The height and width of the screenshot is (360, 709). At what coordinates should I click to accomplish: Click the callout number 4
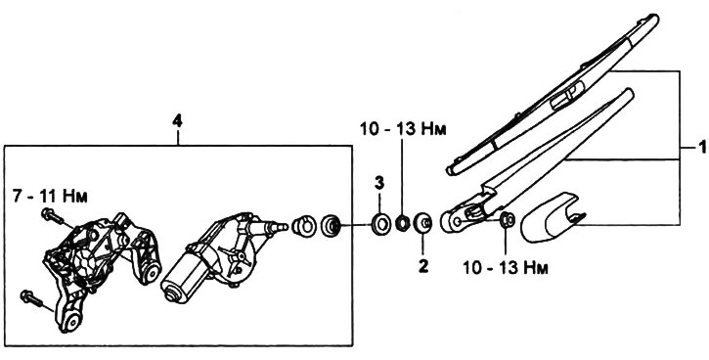(177, 121)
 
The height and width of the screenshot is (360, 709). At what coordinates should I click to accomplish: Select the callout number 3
(378, 183)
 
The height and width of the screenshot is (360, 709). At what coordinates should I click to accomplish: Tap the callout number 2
(422, 266)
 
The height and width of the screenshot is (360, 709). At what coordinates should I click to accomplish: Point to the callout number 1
(702, 147)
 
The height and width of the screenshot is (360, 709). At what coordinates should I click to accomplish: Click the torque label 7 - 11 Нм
(50, 197)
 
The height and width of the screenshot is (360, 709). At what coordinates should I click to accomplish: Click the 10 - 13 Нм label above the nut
(403, 129)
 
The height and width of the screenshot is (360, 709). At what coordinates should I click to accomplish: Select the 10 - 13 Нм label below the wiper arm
(506, 268)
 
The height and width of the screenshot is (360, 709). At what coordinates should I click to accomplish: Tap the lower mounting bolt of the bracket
(31, 299)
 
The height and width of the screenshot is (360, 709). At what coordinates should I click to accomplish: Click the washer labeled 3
(381, 223)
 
